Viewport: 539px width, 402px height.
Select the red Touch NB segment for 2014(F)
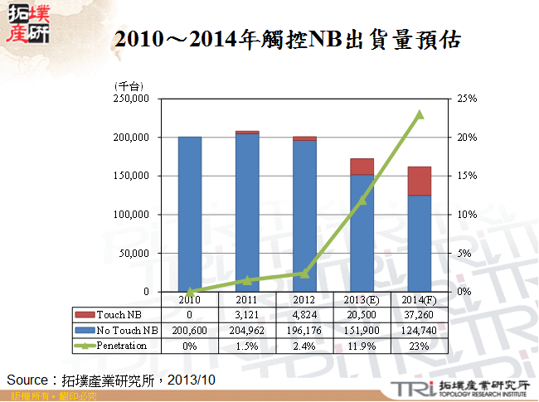point(419,181)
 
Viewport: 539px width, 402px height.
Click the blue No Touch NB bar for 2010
point(190,214)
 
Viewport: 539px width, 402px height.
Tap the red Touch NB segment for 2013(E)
point(362,167)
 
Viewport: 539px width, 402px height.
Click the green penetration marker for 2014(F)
point(420,114)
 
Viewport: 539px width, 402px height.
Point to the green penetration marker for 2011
point(247,280)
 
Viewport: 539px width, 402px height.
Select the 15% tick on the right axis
point(467,176)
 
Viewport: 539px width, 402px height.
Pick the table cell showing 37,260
point(420,315)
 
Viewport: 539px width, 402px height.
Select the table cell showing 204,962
point(247,331)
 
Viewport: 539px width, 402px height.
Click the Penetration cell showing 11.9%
point(362,346)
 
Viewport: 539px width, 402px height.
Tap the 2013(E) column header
point(362,299)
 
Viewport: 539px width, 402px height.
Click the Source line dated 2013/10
point(111,380)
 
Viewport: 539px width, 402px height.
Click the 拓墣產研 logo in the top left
point(27,23)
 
